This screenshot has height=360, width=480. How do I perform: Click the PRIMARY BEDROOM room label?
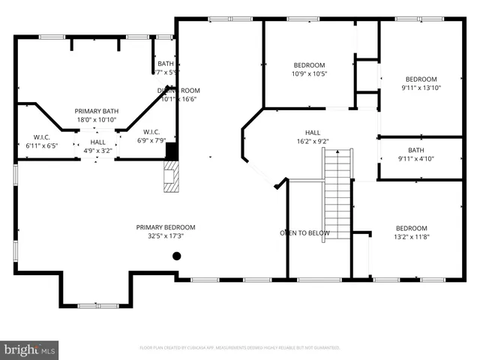[166, 227]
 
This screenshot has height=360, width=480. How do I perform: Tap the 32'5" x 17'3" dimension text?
[166, 236]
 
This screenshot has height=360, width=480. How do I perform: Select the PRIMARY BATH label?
[97, 110]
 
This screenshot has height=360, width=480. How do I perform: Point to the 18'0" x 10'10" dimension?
[97, 119]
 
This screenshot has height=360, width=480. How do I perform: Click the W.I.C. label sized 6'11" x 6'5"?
[41, 136]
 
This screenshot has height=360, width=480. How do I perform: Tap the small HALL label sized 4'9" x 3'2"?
[98, 142]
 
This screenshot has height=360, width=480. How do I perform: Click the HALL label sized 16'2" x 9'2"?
[313, 132]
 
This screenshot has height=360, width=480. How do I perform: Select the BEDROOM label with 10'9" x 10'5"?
[309, 65]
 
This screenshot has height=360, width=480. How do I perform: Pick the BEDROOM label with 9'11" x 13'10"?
[421, 79]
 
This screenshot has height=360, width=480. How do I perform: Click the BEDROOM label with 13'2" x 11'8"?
[411, 228]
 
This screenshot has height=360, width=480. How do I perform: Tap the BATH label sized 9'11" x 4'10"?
[415, 149]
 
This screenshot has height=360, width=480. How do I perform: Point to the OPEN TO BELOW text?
[305, 232]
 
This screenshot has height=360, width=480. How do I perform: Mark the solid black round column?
[177, 256]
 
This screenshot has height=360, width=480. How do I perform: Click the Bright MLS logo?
[30, 349]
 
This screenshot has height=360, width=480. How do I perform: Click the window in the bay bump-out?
[98, 305]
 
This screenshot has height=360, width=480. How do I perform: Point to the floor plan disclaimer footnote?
[240, 348]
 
